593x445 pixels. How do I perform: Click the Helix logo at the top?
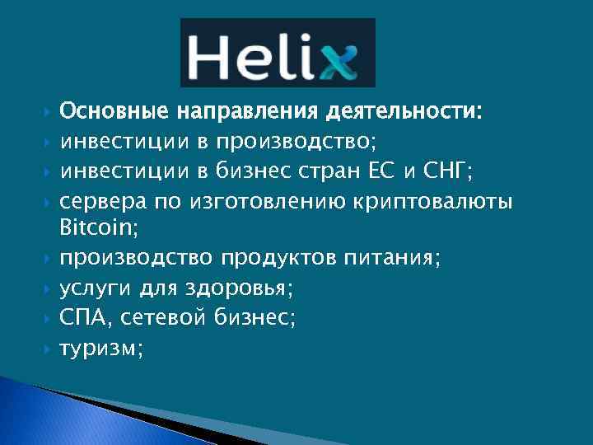coord(278,52)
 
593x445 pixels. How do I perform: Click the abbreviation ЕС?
coord(384,171)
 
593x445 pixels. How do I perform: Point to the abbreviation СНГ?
coord(450,171)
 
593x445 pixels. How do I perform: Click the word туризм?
coord(98,349)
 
